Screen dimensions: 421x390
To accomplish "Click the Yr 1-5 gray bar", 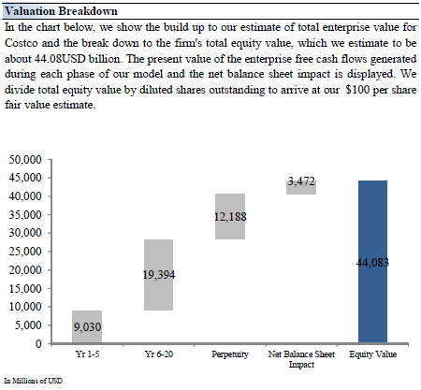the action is [87, 326].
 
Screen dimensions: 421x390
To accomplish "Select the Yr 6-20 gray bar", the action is [158, 275].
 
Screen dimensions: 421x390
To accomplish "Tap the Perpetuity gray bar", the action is [230, 216].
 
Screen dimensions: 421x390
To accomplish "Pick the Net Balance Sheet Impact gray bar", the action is [301, 187].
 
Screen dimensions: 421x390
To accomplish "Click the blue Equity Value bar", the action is [372, 262].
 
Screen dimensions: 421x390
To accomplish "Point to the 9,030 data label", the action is [87, 327].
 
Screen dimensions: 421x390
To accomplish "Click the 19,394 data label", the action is [159, 275].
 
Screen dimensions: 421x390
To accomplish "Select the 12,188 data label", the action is [230, 217].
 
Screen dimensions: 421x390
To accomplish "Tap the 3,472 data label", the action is [301, 181].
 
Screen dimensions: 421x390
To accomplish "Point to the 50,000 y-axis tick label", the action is [25, 160].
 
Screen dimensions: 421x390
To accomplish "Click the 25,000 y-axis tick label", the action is [25, 252].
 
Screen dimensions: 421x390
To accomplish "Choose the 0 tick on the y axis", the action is [38, 343].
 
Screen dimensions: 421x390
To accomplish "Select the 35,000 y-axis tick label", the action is [25, 214].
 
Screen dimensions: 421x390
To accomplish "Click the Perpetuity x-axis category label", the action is [230, 354].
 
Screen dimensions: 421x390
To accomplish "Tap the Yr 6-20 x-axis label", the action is [159, 354].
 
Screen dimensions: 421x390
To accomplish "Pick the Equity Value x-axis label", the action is [372, 354].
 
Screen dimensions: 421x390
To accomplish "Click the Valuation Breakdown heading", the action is [61, 11].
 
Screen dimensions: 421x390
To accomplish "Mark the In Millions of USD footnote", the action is [33, 381].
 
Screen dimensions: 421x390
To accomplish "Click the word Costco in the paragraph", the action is [22, 43].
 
